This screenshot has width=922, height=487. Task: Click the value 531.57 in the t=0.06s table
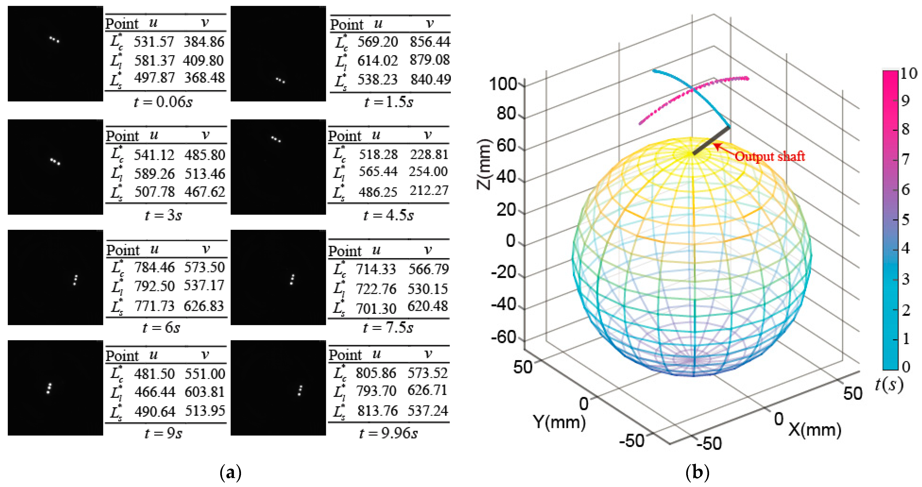tap(154, 42)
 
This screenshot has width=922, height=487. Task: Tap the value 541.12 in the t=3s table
tap(154, 155)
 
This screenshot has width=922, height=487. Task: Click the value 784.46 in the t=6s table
tap(155, 267)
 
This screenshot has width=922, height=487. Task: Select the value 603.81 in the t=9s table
tap(205, 392)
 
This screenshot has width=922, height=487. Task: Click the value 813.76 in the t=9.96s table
tap(377, 411)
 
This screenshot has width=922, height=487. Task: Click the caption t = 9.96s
tap(388, 433)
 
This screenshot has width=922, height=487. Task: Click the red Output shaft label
tap(770, 156)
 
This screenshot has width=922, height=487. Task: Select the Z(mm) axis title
tap(484, 164)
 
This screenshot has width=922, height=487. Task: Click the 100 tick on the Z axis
tap(503, 84)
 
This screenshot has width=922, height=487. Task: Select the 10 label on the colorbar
tap(908, 73)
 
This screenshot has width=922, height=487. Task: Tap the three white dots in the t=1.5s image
tap(280, 80)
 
